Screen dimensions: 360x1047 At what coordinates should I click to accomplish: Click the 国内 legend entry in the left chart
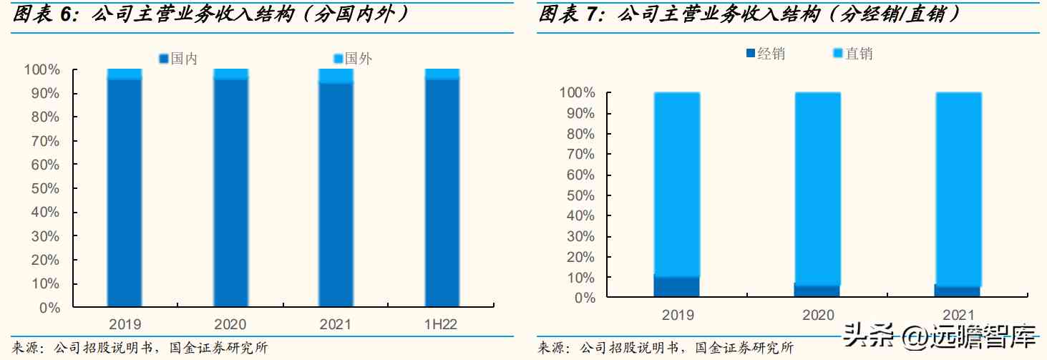(x=178, y=59)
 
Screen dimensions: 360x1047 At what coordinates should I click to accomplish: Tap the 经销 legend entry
(x=765, y=54)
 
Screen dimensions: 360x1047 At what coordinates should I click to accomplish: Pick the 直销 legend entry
(x=853, y=54)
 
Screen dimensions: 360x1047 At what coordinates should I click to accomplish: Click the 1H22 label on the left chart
(x=441, y=325)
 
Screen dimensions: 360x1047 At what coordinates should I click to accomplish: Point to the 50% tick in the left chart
(x=46, y=189)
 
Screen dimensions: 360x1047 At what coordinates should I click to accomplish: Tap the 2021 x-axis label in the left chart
(x=336, y=325)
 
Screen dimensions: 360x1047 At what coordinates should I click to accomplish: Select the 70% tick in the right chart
(x=580, y=155)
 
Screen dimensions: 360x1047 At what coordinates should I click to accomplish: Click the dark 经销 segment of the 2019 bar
(x=677, y=286)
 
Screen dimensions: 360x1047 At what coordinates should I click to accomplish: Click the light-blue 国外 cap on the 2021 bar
(x=336, y=76)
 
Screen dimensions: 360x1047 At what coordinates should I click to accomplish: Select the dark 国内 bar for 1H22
(x=442, y=193)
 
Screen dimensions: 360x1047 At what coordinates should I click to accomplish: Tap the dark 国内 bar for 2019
(x=125, y=193)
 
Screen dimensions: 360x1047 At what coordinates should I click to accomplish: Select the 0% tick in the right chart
(x=585, y=297)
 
